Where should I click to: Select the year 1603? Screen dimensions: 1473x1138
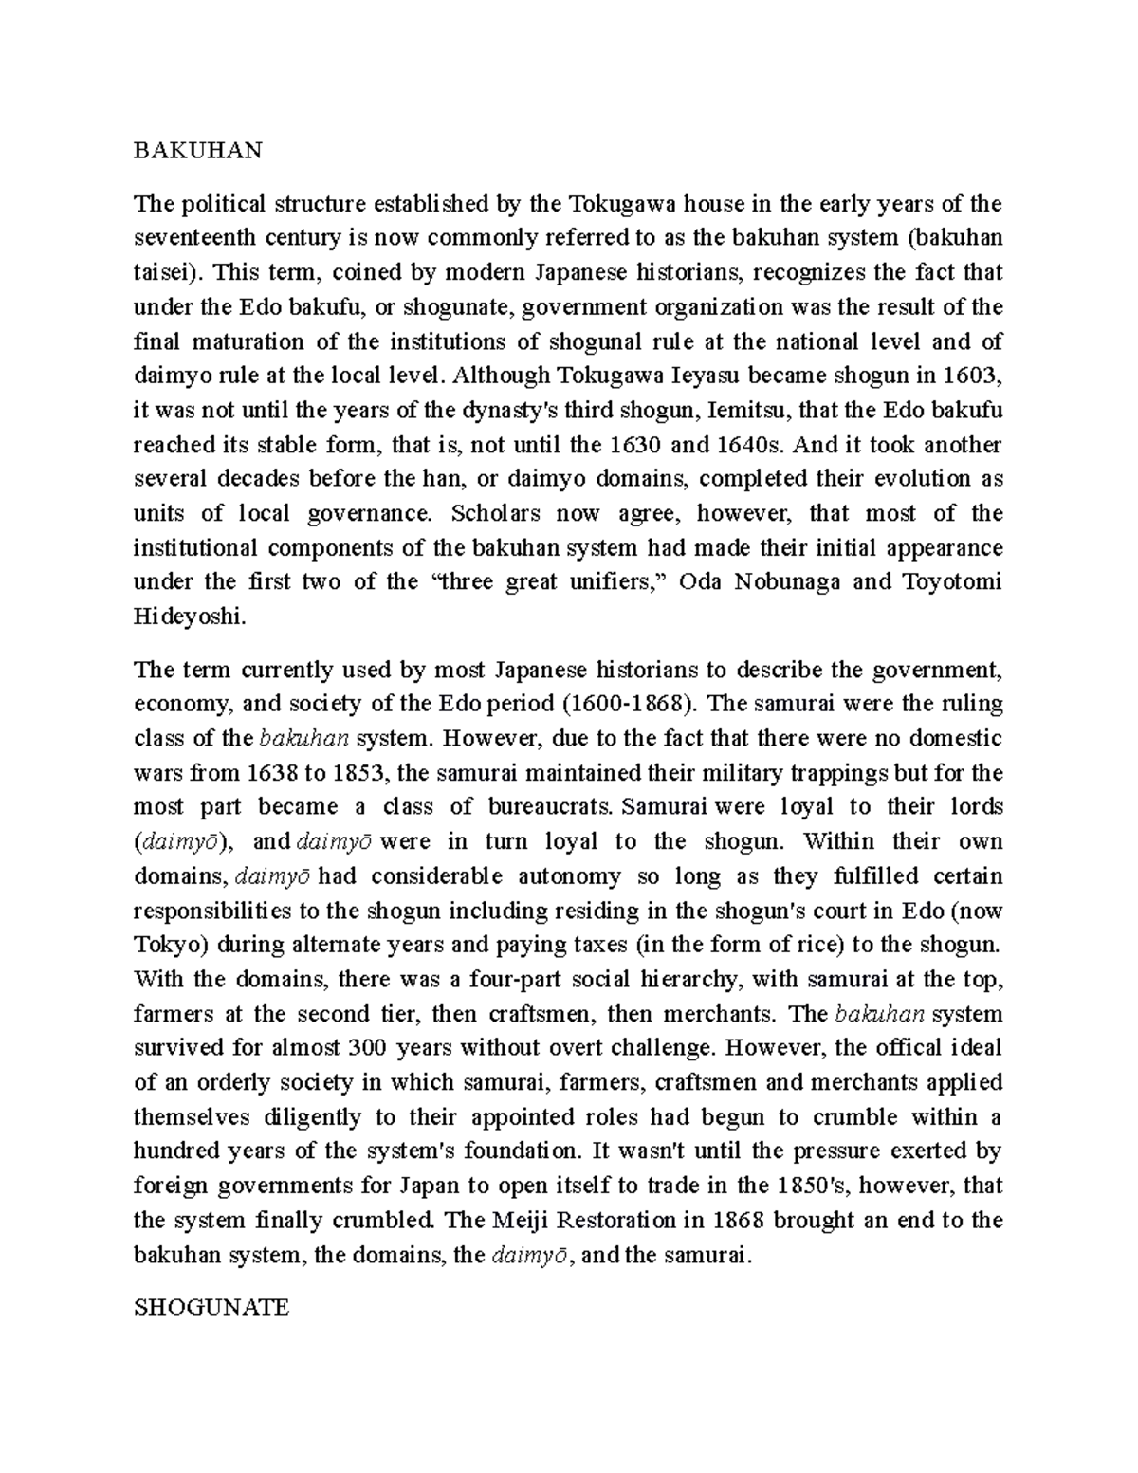[973, 375]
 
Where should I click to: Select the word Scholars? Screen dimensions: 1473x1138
[496, 513]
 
